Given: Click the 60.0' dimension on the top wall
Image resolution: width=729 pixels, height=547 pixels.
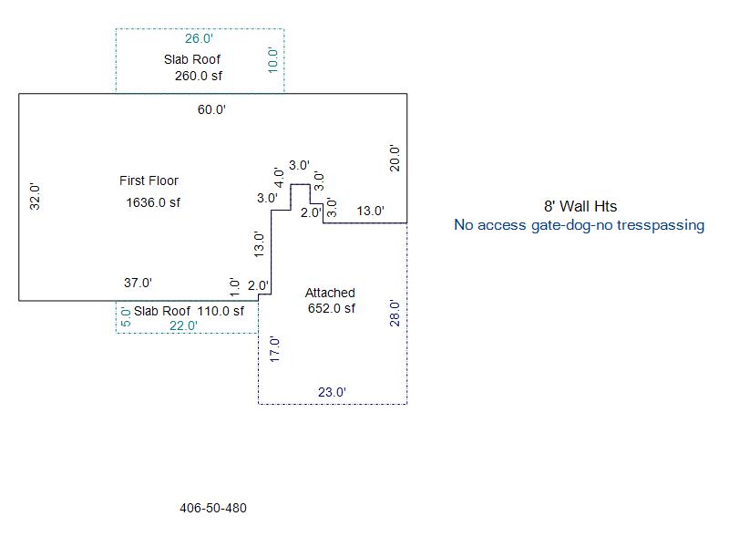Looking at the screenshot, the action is click(x=211, y=109).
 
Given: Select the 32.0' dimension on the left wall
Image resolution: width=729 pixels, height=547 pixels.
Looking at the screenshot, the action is click(x=35, y=196).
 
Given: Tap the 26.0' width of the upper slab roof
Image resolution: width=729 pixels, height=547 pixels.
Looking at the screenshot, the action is click(x=199, y=38).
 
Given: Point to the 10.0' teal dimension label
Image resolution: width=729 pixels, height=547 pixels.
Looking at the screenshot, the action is click(x=272, y=60).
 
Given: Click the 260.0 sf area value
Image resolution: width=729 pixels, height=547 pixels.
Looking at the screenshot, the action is click(x=199, y=76).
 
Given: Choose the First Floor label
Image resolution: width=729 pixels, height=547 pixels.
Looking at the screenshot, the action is click(x=149, y=181).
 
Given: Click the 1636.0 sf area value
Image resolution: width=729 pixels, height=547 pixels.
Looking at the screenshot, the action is click(x=153, y=202).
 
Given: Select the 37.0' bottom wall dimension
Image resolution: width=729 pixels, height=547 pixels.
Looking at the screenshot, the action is click(x=139, y=283).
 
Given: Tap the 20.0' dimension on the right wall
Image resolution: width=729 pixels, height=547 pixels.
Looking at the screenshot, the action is click(x=395, y=158).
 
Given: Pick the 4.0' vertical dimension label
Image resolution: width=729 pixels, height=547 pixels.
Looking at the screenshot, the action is click(x=279, y=178).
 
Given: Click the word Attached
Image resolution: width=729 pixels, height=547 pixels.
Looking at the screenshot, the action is click(x=330, y=293).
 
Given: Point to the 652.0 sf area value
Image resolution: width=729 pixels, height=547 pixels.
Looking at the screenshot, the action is click(x=332, y=308).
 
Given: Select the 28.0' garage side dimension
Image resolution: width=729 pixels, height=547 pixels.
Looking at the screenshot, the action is click(x=395, y=313).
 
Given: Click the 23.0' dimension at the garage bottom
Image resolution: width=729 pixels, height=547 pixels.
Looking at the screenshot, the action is click(x=332, y=392).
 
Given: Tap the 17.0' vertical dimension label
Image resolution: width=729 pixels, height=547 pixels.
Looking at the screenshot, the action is click(x=274, y=350).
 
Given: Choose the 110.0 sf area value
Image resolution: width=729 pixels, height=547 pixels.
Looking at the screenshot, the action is click(x=221, y=311).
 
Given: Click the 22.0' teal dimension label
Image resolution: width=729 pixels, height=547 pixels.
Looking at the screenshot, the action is click(x=183, y=325).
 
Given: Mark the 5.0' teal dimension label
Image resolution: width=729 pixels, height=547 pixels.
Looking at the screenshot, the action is click(x=126, y=316).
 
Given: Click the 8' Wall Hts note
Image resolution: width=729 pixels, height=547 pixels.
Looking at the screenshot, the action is click(x=580, y=206).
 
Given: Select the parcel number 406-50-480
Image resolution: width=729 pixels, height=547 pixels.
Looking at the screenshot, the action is click(x=213, y=508).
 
